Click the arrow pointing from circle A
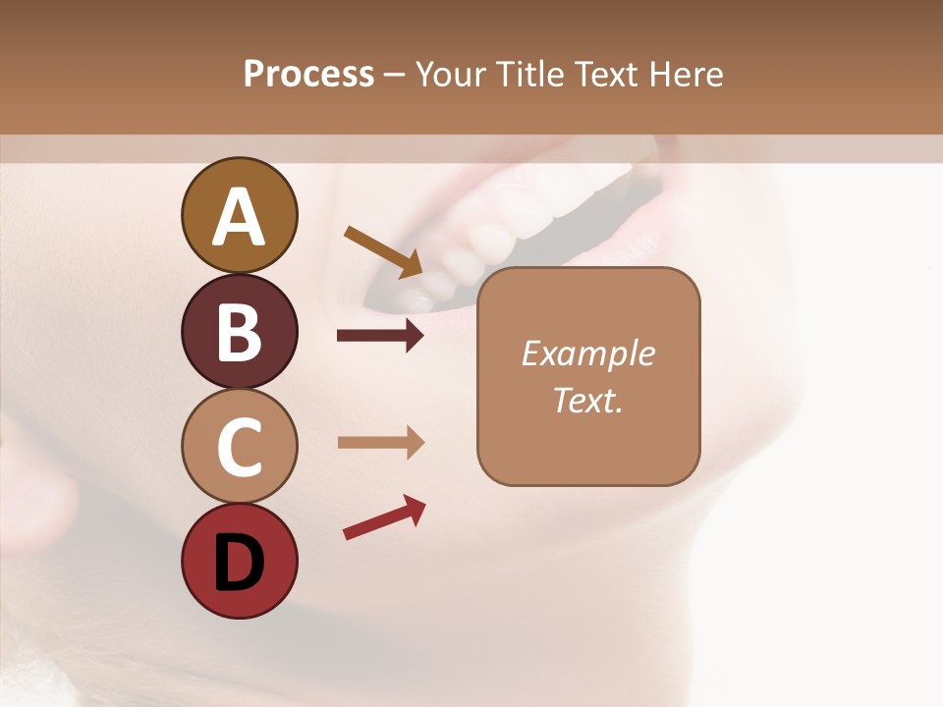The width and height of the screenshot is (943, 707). tap(384, 251)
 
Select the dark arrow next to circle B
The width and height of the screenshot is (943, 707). tap(380, 336)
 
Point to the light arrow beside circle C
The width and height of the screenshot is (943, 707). tap(380, 443)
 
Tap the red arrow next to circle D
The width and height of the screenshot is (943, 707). tap(384, 517)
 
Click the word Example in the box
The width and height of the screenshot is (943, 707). tap(587, 353)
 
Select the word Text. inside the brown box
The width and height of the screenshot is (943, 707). tap(587, 400)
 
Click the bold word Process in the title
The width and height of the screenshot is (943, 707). tap(308, 74)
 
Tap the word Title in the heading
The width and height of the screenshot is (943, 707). tap(529, 74)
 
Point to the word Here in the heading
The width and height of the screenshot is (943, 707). tap(685, 74)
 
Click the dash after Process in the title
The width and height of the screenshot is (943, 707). tap(394, 75)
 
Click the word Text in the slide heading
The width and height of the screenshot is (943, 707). tap(604, 74)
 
